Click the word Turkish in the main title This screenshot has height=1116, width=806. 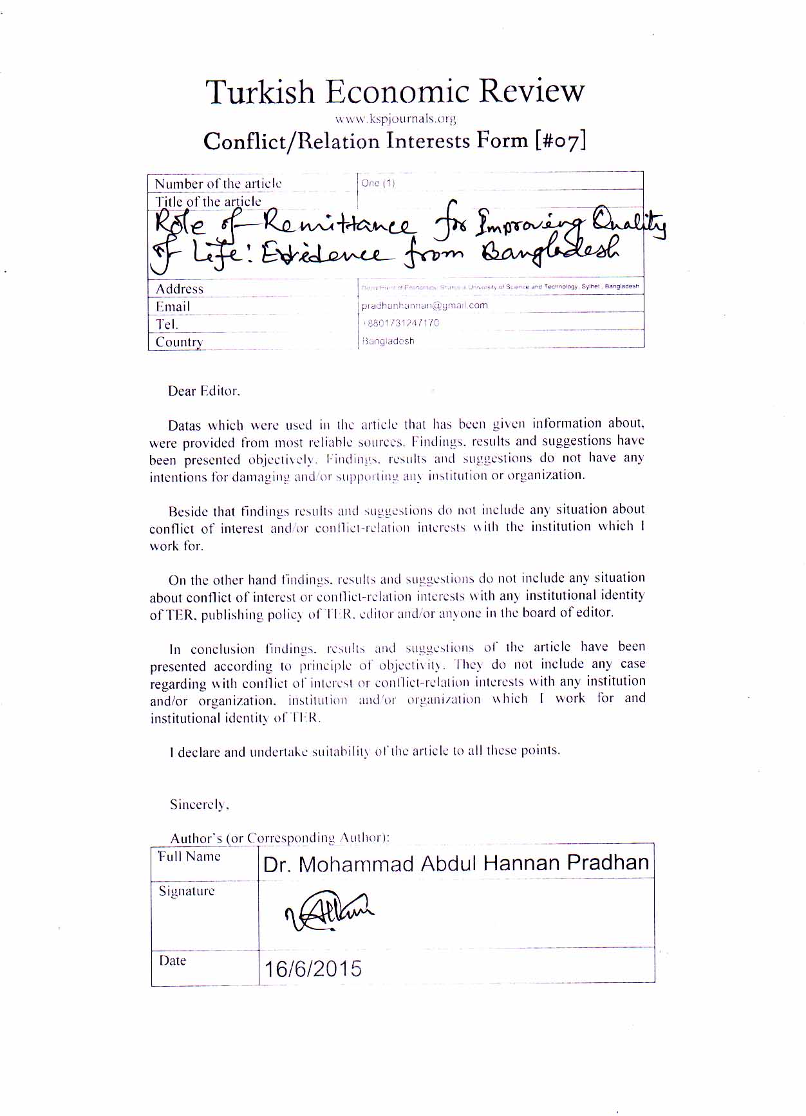click(260, 92)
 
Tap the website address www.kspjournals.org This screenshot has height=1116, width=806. click(395, 118)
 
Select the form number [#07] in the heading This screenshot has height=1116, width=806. click(560, 140)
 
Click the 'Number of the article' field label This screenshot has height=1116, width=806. click(218, 183)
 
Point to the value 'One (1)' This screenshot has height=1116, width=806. click(378, 183)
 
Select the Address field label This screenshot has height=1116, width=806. click(180, 289)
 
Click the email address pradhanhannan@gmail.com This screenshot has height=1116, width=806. click(424, 305)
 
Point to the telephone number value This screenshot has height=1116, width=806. click(400, 323)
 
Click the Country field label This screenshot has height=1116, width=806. click(179, 342)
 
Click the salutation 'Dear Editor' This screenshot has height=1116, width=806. click(203, 391)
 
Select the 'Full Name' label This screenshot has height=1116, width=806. click(189, 857)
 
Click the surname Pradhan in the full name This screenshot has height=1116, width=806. click(608, 862)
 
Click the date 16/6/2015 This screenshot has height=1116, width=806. click(313, 968)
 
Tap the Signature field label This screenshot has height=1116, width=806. click(187, 891)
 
